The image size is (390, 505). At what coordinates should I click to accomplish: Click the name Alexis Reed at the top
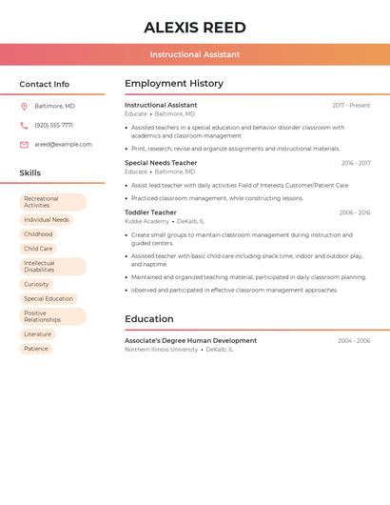coord(195,28)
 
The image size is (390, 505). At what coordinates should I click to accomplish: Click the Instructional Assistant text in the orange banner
coord(195,54)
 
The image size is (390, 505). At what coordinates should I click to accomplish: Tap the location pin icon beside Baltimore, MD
coord(24,106)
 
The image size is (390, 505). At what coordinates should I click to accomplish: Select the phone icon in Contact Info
coord(24,125)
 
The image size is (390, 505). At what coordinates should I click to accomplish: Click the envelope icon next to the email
coord(24,145)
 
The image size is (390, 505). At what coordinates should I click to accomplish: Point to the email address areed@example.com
coord(64,145)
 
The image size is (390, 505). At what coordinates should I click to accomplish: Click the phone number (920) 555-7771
coord(53,125)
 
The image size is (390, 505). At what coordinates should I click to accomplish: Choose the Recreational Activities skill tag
coord(53,202)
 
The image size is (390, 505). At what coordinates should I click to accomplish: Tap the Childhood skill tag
coord(38,234)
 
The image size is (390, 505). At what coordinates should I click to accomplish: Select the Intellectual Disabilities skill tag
coord(53,266)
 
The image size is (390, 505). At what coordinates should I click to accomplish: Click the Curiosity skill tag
coord(37,284)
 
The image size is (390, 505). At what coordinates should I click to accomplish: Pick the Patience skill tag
coord(36,349)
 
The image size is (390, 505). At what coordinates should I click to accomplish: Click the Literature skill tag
coord(38,334)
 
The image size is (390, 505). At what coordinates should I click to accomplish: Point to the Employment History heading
coord(174,84)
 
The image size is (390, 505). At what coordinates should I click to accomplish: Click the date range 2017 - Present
coord(351,105)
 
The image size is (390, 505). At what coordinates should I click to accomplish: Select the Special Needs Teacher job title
coord(161,163)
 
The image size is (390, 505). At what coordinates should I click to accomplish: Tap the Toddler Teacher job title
coord(150,212)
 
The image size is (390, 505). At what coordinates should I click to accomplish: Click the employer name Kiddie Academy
coord(146,221)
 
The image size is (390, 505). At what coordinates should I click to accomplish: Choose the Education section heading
coord(149,319)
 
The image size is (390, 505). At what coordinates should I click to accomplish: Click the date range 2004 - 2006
coord(354,340)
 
